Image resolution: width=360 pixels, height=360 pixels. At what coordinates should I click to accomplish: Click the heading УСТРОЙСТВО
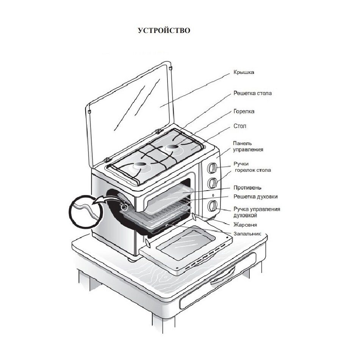[164, 30]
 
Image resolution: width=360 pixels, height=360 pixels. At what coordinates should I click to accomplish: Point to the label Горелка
[243, 111]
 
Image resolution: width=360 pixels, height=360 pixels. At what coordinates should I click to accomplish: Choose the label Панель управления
[248, 146]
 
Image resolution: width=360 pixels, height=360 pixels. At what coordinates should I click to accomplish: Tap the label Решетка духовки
[255, 197]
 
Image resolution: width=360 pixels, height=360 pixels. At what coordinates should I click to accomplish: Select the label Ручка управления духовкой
[257, 212]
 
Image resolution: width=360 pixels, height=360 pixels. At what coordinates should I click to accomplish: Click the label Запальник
[247, 234]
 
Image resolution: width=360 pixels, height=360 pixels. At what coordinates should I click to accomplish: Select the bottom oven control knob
[213, 205]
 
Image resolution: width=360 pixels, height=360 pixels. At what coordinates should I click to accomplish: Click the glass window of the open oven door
[185, 243]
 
